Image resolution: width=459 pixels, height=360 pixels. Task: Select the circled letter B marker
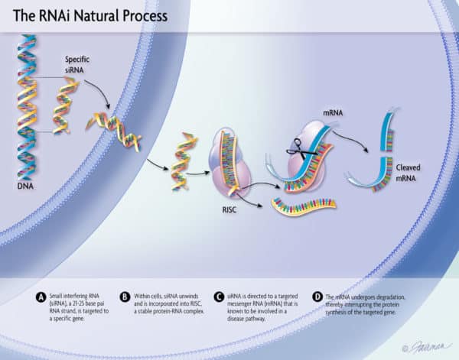[125, 297]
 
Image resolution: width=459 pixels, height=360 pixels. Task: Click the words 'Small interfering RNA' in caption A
[66, 297]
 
